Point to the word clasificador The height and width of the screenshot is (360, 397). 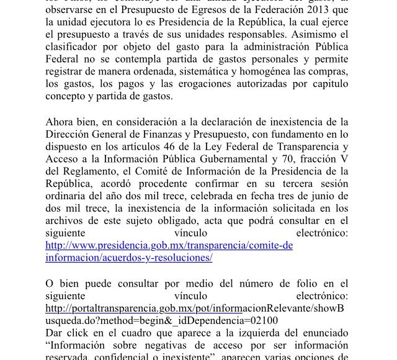click(x=73, y=50)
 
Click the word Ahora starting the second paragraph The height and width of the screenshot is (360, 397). click(x=61, y=122)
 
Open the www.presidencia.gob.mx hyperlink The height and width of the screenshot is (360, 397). click(x=169, y=245)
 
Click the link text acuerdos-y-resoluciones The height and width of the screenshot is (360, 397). click(x=159, y=257)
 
